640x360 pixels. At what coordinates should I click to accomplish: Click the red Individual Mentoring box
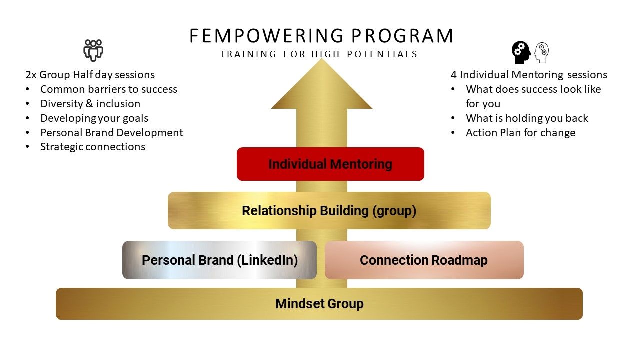click(330, 164)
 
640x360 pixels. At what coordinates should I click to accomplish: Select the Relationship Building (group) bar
click(329, 210)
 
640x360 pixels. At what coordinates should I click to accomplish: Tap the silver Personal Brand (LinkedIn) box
click(219, 260)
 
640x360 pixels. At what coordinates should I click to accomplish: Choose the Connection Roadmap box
click(424, 260)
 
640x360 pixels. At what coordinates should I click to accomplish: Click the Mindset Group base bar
click(319, 303)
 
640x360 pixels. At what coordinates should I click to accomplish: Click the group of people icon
click(93, 50)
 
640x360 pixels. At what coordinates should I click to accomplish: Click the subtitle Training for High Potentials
click(318, 54)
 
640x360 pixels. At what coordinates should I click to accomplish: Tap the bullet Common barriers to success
click(108, 89)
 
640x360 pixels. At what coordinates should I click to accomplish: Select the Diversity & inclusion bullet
click(90, 104)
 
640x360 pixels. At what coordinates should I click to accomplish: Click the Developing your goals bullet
click(94, 118)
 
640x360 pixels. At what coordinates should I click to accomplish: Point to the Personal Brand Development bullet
click(111, 132)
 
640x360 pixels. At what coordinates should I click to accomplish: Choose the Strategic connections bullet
click(92, 147)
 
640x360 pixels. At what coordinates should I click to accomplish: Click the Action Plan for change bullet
click(520, 132)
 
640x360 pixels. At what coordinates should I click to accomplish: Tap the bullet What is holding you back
click(527, 118)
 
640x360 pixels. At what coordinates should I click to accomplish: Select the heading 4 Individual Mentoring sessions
click(529, 75)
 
